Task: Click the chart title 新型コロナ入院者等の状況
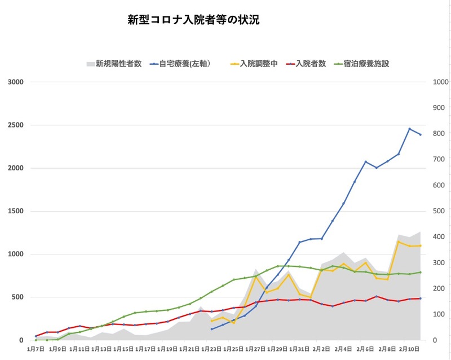tap(193, 20)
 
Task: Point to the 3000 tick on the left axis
tap(15, 82)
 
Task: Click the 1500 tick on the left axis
tap(15, 211)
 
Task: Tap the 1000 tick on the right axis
tap(440, 82)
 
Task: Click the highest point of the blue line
tap(410, 129)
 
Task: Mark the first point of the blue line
tap(211, 329)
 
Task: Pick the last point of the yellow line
tap(421, 245)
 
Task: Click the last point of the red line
tap(421, 298)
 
